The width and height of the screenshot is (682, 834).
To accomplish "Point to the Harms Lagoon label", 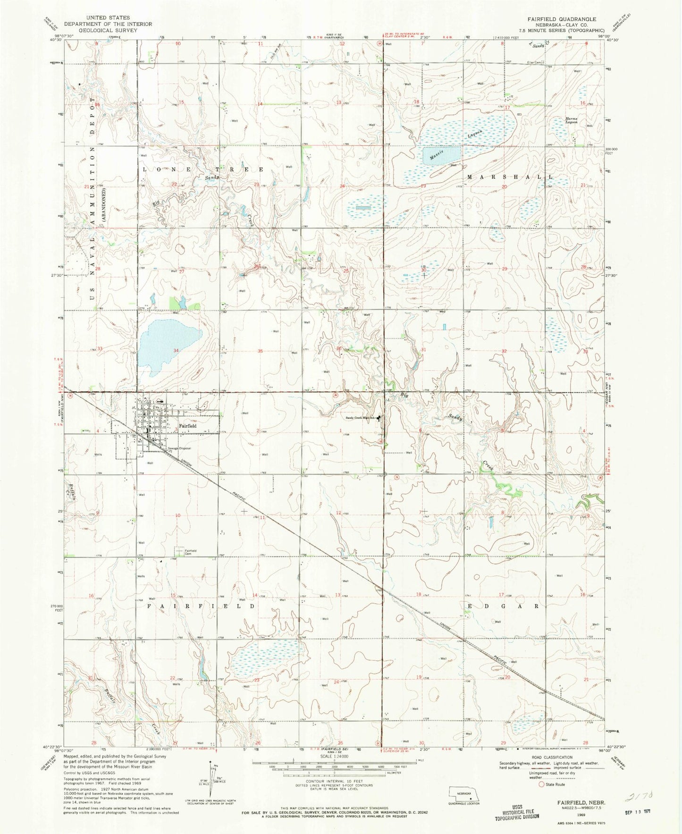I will coord(572,120).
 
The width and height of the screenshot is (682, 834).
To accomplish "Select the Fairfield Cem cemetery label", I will coord(190,552).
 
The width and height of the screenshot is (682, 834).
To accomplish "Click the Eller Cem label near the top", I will coord(535,62).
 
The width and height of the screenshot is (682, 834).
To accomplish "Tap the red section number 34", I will coord(176,350).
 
